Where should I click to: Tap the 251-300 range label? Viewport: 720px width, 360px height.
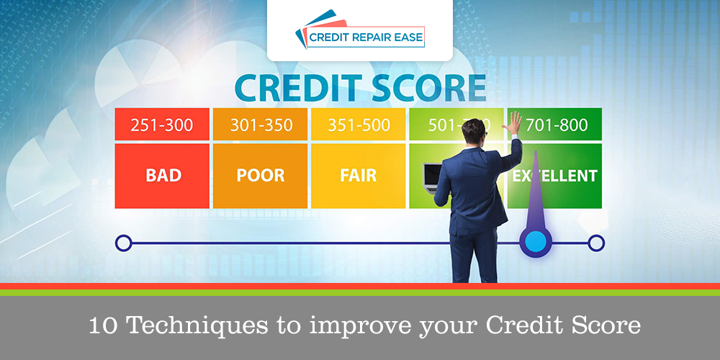pyautogui.click(x=162, y=125)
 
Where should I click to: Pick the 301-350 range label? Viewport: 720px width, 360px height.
pyautogui.click(x=261, y=125)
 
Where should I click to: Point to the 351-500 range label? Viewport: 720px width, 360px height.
pyautogui.click(x=358, y=125)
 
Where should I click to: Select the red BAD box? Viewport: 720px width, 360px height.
pyautogui.click(x=162, y=176)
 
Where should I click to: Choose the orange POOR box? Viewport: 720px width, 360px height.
pyautogui.click(x=261, y=176)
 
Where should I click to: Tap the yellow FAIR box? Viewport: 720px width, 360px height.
pyautogui.click(x=358, y=176)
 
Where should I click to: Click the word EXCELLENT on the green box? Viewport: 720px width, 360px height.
pyautogui.click(x=558, y=175)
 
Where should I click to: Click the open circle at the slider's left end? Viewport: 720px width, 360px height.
pyautogui.click(x=123, y=243)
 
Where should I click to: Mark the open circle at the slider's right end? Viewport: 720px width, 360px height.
pyautogui.click(x=596, y=243)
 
